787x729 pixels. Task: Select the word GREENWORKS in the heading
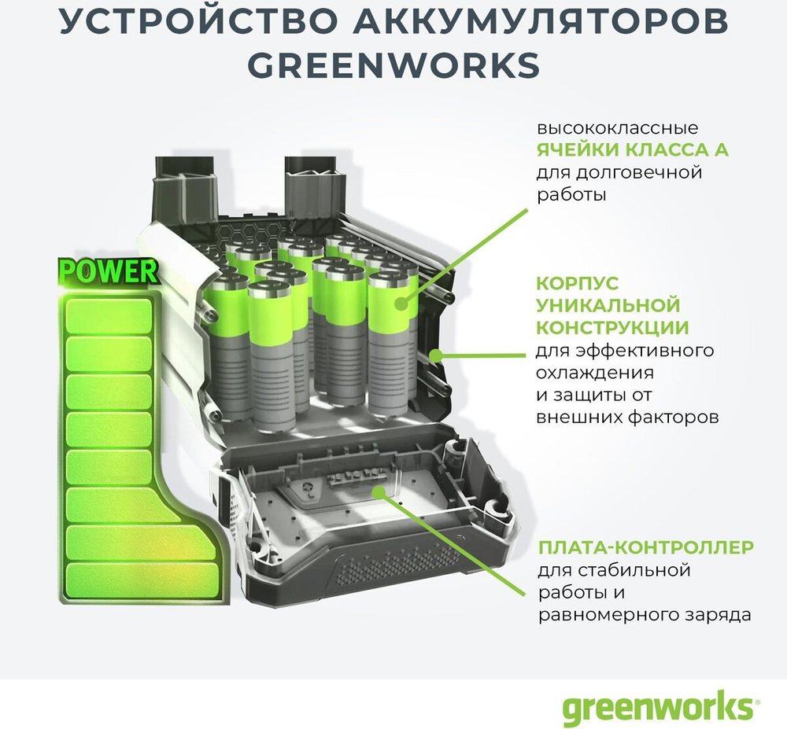pos(393,65)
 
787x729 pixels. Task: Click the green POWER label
pos(109,271)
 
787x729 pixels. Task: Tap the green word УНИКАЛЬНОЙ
pos(608,304)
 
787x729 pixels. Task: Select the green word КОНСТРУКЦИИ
pos(612,326)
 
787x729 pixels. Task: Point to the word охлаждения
pos(596,372)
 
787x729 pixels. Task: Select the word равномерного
pos(603,614)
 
